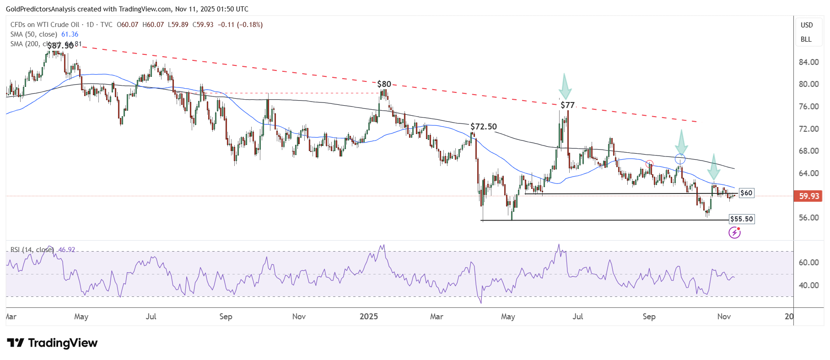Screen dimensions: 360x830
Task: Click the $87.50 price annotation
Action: tap(60, 46)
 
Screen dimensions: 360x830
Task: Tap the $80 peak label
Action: tap(384, 84)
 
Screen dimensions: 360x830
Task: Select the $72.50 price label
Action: tap(484, 127)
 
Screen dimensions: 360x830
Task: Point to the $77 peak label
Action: tap(567, 105)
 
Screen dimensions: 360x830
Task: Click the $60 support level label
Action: tap(746, 193)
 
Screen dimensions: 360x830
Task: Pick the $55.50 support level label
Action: tap(741, 219)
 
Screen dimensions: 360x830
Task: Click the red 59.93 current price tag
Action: tap(808, 196)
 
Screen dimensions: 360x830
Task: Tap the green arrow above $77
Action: tap(565, 86)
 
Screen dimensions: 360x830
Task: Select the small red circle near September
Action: tap(649, 163)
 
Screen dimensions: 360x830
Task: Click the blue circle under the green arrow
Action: tap(680, 159)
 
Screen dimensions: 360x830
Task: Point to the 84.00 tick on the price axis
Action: tap(808, 62)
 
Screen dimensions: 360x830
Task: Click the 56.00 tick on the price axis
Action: tap(808, 218)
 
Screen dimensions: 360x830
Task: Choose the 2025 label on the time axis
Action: tap(369, 317)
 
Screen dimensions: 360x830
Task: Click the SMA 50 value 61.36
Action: tap(70, 34)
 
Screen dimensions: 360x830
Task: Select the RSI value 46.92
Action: tap(67, 250)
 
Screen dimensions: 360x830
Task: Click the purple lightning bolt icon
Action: tap(734, 233)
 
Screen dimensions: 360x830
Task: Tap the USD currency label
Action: tap(807, 25)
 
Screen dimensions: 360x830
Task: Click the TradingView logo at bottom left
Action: tap(52, 343)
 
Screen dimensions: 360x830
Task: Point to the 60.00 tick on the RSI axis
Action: tap(808, 263)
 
